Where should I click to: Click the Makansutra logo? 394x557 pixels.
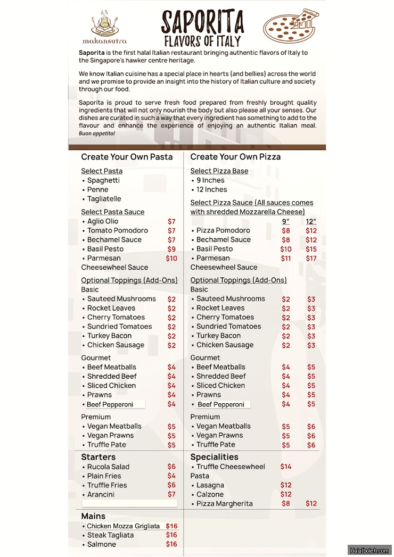pyautogui.click(x=104, y=28)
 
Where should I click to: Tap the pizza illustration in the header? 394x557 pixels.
pyautogui.click(x=291, y=25)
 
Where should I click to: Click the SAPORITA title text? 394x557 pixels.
pyautogui.click(x=202, y=23)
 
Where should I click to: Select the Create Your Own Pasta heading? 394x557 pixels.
pyautogui.click(x=127, y=157)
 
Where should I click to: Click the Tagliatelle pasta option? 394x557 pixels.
pyautogui.click(x=104, y=199)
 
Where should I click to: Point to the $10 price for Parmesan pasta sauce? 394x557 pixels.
pyautogui.click(x=171, y=259)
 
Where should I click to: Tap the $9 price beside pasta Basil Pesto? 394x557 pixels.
pyautogui.click(x=171, y=249)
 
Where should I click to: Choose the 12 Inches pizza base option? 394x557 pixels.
pyautogui.click(x=211, y=190)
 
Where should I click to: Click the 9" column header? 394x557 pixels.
pyautogui.click(x=285, y=221)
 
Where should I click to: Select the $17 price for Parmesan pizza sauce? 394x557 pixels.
pyautogui.click(x=311, y=259)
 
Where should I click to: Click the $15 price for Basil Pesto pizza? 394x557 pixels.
pyautogui.click(x=311, y=249)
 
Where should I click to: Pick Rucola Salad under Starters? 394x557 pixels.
pyautogui.click(x=108, y=467)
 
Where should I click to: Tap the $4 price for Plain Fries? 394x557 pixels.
pyautogui.click(x=171, y=476)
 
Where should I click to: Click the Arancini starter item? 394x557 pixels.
pyautogui.click(x=101, y=495)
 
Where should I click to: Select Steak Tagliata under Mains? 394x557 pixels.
pyautogui.click(x=110, y=535)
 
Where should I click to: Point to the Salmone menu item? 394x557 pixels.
pyautogui.click(x=101, y=545)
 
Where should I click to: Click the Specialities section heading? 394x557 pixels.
pyautogui.click(x=214, y=457)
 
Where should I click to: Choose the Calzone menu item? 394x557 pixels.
pyautogui.click(x=210, y=495)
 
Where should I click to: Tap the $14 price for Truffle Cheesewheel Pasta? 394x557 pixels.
pyautogui.click(x=286, y=467)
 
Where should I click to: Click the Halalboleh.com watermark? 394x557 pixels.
pyautogui.click(x=370, y=550)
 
